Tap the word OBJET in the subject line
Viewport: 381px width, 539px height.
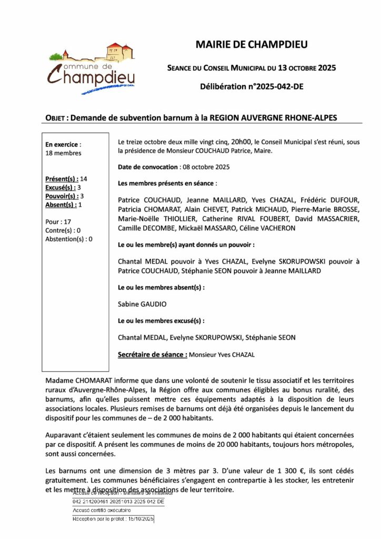(x=55, y=118)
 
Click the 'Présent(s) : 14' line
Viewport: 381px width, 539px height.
(x=66, y=178)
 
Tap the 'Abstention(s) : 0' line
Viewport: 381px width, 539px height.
(x=69, y=238)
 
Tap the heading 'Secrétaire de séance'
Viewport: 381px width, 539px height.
(x=153, y=354)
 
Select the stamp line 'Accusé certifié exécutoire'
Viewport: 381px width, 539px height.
(x=102, y=511)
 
